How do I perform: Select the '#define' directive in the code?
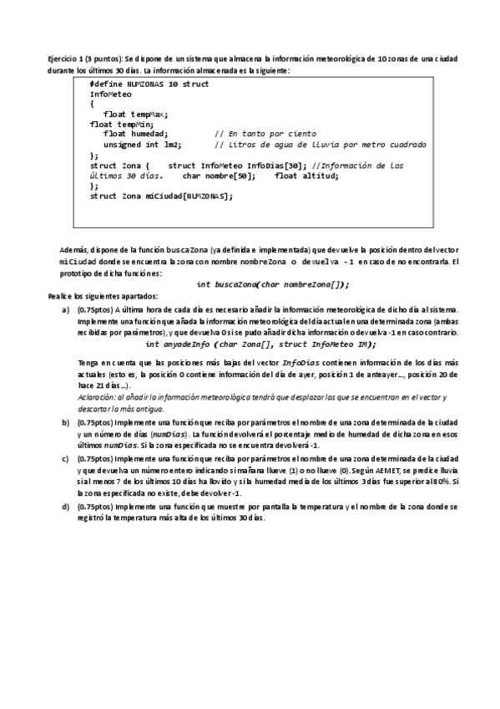coord(106,84)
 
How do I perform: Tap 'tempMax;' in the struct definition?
coord(150,114)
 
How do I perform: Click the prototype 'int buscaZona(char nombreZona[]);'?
coord(272,284)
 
